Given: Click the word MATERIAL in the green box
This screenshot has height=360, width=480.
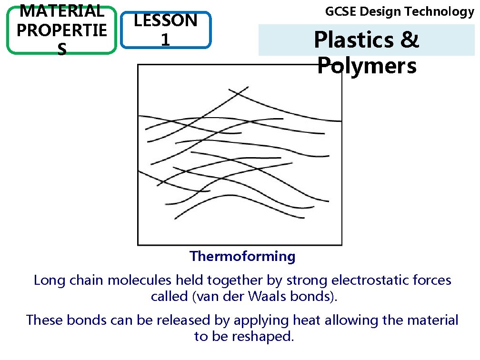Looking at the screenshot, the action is pyautogui.click(x=60, y=10).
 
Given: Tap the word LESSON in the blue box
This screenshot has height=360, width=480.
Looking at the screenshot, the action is pyautogui.click(x=166, y=20).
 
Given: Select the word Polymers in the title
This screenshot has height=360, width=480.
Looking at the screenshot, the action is pyautogui.click(x=367, y=66).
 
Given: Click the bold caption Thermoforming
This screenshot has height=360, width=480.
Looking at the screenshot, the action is pyautogui.click(x=242, y=257).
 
